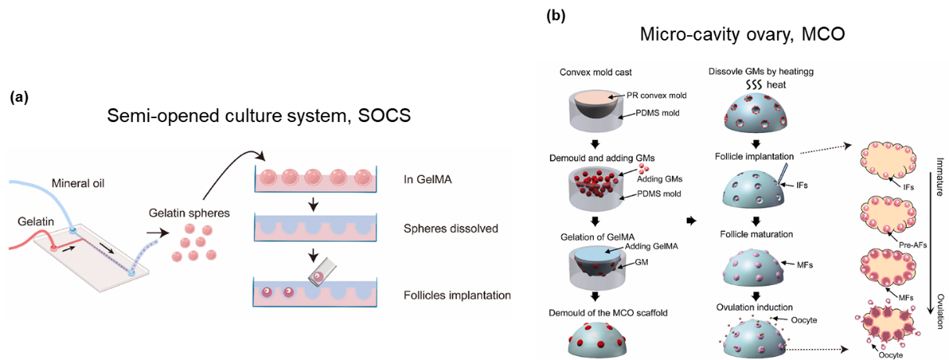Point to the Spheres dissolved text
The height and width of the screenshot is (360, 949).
(x=451, y=229)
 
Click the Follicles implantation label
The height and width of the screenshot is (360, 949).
(x=457, y=295)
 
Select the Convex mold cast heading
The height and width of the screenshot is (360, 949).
(x=597, y=72)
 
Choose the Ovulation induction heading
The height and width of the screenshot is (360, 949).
(x=755, y=307)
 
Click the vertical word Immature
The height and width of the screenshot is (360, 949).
(x=937, y=177)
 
